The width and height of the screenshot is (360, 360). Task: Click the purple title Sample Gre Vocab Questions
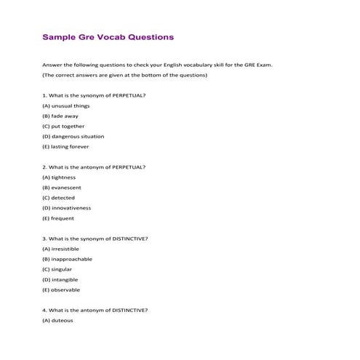pyautogui.click(x=108, y=36)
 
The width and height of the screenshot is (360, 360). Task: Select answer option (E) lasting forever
pyautogui.click(x=65, y=146)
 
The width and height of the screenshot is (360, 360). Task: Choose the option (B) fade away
pyautogui.click(x=60, y=116)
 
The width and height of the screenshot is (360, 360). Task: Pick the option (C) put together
pyautogui.click(x=64, y=126)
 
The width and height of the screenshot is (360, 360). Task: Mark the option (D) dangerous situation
pyautogui.click(x=73, y=136)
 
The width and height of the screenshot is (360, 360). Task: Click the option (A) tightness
pyautogui.click(x=59, y=177)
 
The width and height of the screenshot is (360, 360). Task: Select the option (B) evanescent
pyautogui.click(x=61, y=187)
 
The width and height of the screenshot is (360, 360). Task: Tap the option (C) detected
pyautogui.click(x=58, y=197)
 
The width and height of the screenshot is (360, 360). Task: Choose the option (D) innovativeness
pyautogui.click(x=66, y=207)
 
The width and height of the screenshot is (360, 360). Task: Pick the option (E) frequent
pyautogui.click(x=58, y=217)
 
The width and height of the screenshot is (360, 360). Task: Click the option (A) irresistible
pyautogui.click(x=61, y=249)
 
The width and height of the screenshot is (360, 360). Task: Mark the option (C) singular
pyautogui.click(x=57, y=269)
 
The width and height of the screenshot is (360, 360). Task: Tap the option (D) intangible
pyautogui.click(x=60, y=279)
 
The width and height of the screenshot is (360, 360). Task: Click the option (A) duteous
pyautogui.click(x=58, y=320)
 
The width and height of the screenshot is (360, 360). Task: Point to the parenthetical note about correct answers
pyautogui.click(x=124, y=75)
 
